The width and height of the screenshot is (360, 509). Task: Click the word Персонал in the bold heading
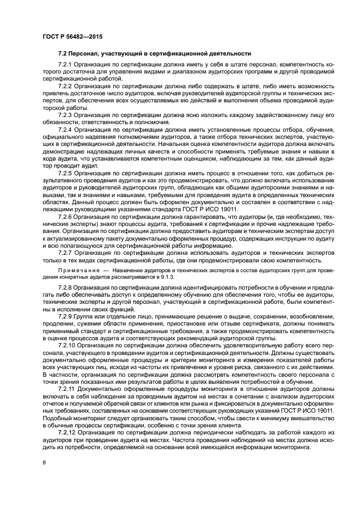pos(86,53)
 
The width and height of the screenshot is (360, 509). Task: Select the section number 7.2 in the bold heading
pos(63,53)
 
